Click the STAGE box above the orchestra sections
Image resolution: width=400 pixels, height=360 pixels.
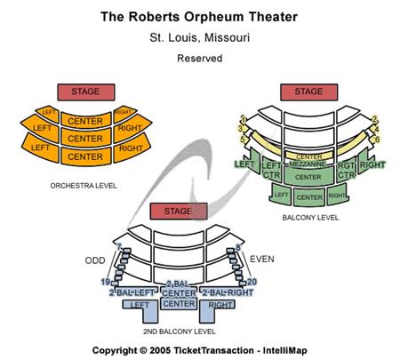[85, 92]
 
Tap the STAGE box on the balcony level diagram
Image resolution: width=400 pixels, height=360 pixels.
[308, 92]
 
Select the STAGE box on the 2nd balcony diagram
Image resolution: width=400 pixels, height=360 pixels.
[178, 211]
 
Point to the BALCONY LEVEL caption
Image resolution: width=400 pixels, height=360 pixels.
[309, 216]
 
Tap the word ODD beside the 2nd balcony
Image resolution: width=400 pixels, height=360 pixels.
[95, 260]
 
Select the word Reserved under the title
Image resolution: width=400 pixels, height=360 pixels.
[199, 59]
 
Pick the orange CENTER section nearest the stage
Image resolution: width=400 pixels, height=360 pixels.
[85, 121]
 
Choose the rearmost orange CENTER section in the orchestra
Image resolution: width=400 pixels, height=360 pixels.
[85, 156]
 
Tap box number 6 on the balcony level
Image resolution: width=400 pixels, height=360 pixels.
[377, 139]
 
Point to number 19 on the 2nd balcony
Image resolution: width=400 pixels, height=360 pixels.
[104, 282]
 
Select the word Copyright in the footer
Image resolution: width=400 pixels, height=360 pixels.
[119, 349]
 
